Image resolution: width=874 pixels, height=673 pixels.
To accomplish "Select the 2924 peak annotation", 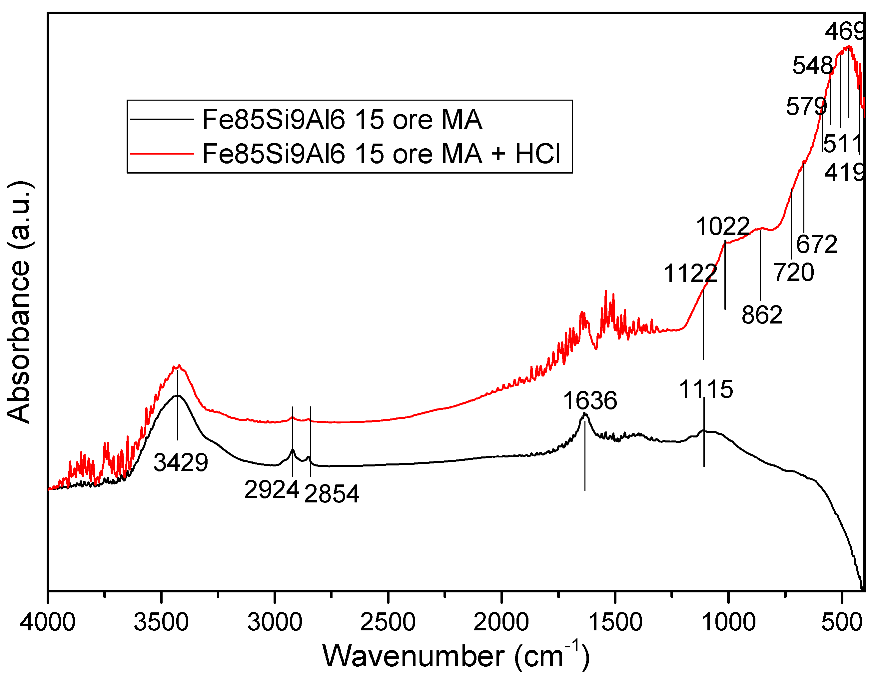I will coord(272,489).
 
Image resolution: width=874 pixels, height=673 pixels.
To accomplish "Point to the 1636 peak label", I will coord(590,400).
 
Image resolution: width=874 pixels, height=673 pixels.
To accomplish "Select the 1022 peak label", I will coord(723,227).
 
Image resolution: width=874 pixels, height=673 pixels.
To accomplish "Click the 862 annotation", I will coord(762,315).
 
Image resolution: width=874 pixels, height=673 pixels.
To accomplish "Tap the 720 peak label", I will coord(794,273).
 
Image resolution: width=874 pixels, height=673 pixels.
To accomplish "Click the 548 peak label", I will coord(812,66).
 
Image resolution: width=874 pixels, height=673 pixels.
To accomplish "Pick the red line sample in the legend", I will coord(162,153).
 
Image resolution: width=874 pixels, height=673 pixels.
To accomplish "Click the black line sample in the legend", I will coord(162,119).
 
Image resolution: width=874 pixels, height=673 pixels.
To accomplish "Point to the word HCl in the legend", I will coord(537,153).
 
